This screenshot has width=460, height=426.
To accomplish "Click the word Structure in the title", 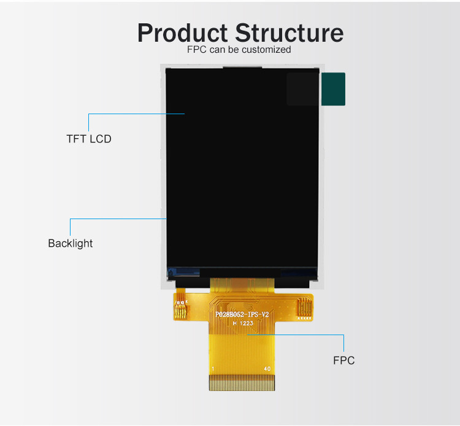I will point(289,33).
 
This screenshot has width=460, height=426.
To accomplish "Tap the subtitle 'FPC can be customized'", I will point(239,50).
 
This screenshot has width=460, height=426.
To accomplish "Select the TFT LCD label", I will point(89,139).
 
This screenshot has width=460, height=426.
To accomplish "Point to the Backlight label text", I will point(71,243).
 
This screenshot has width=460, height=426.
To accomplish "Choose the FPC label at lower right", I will point(343,360).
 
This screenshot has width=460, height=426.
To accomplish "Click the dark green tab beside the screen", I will point(334,89).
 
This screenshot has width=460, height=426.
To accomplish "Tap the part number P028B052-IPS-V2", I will point(242,314).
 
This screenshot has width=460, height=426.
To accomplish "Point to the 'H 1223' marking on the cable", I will point(242,323).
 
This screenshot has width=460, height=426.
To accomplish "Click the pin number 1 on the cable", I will point(212,368).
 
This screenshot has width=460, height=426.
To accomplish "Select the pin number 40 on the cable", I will point(267,368).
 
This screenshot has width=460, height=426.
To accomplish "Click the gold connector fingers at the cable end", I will point(240,384).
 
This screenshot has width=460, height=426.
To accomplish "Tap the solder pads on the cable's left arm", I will point(180,305).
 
